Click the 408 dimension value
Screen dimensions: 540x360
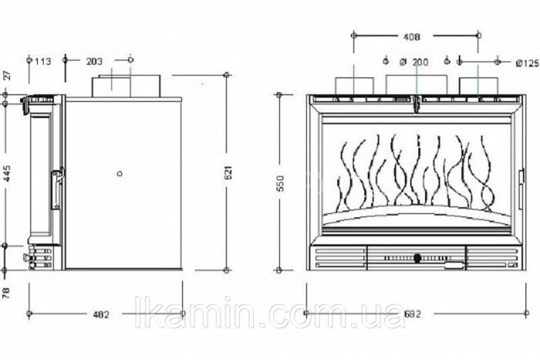[411, 36]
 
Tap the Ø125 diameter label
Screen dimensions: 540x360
[527, 63]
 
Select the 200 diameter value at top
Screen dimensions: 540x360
[420, 62]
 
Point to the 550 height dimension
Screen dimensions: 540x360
[281, 183]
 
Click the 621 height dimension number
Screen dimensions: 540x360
[228, 172]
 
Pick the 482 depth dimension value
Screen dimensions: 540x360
[101, 315]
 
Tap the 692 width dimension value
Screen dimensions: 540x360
[413, 314]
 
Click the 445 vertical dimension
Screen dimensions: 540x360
[7, 173]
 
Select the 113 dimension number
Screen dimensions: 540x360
[43, 61]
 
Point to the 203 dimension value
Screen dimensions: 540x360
[94, 61]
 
